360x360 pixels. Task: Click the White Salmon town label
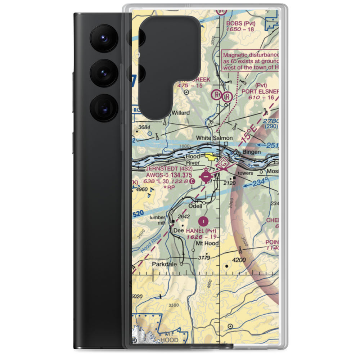click(214, 138)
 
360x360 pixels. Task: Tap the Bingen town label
click(251, 152)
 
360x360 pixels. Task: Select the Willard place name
click(180, 113)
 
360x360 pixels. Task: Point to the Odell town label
click(195, 206)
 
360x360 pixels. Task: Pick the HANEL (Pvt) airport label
click(201, 230)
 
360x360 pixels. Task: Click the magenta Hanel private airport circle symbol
click(204, 220)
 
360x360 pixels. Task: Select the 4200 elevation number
click(239, 260)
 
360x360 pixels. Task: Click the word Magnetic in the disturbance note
click(236, 55)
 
